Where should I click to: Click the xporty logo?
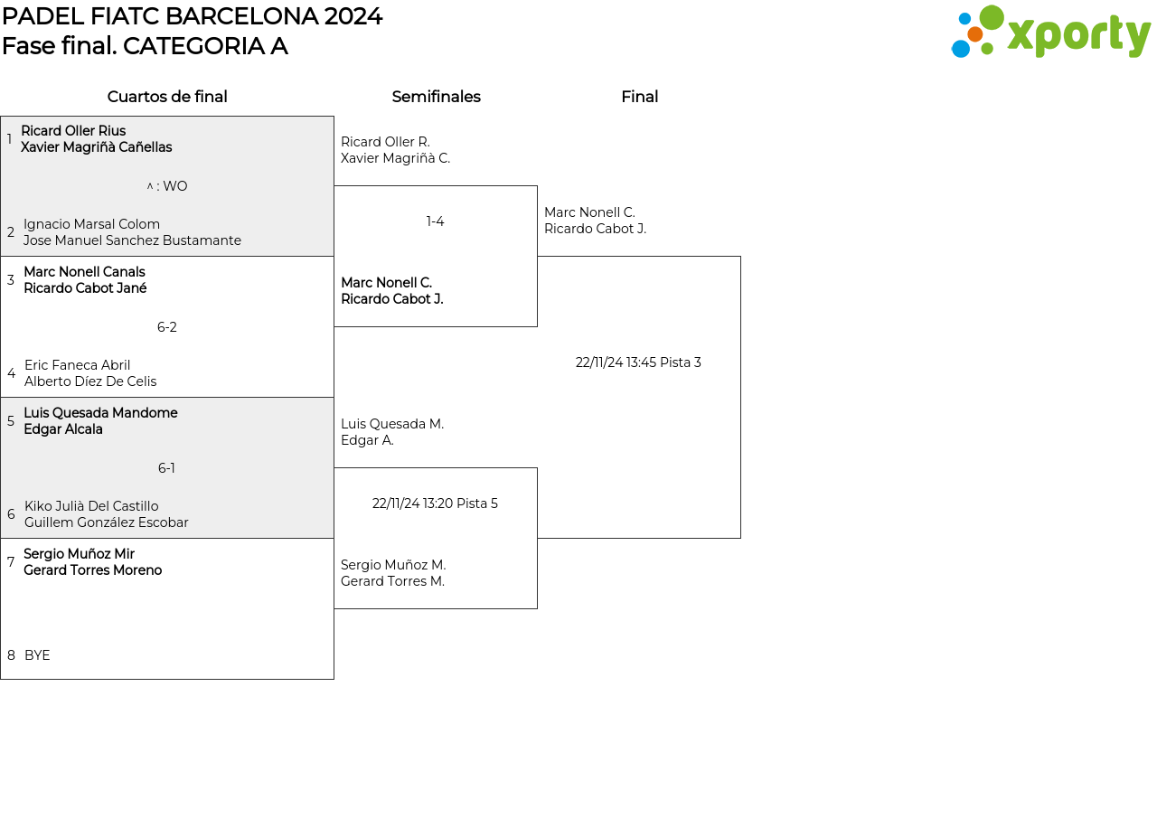click(1050, 32)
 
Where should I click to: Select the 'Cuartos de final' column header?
click(167, 97)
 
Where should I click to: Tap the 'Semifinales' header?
click(436, 97)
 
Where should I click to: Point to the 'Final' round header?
click(639, 97)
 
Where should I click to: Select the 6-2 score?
click(167, 327)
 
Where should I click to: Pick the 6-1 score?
click(166, 468)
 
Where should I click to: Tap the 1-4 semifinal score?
click(435, 221)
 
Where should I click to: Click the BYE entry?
click(37, 655)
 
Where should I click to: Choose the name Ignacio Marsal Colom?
click(91, 224)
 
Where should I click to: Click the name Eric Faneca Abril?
click(77, 365)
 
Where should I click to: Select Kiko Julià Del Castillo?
click(91, 506)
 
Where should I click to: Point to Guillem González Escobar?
click(107, 522)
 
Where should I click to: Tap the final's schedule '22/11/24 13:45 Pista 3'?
click(638, 362)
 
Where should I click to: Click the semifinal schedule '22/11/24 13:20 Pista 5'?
click(435, 503)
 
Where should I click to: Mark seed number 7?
click(11, 561)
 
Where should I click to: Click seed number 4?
click(12, 373)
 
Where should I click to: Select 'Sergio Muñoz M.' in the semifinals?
click(393, 565)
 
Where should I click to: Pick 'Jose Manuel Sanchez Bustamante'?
click(132, 240)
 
